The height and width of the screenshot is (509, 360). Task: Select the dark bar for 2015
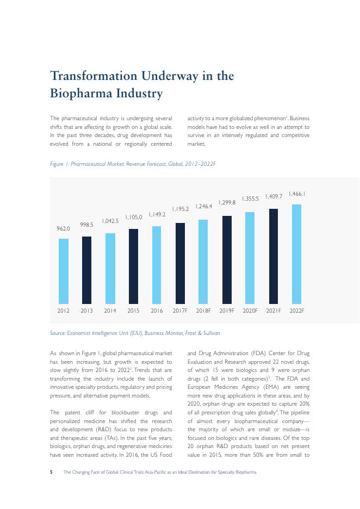[133, 266]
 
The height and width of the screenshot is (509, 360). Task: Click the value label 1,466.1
[296, 194]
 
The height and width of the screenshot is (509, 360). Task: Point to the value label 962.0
[64, 229]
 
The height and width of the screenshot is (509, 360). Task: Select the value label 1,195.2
[180, 209]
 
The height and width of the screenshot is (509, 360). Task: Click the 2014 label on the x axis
[110, 311]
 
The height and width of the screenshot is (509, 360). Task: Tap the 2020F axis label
[250, 311]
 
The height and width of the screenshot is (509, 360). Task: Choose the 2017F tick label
[180, 311]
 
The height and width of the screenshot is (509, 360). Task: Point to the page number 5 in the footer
[51, 472]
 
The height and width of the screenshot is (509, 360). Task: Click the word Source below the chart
[58, 333]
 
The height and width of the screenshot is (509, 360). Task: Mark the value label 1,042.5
[110, 220]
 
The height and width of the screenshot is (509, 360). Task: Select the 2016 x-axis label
[157, 311]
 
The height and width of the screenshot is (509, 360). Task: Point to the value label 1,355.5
[250, 198]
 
